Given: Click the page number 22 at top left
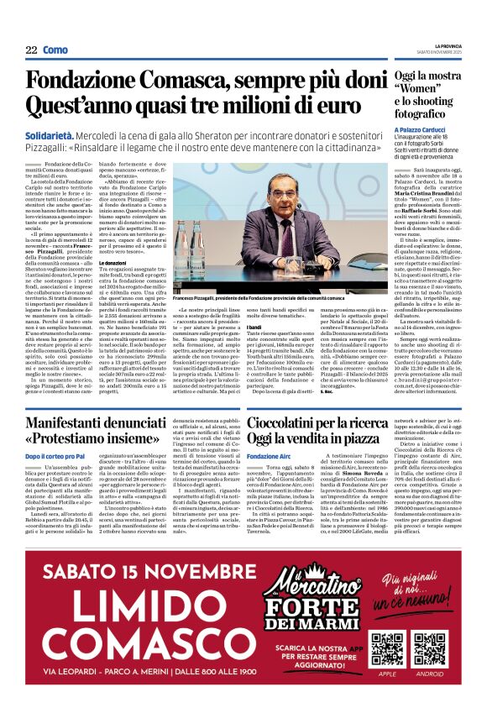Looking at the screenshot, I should [x=31, y=50].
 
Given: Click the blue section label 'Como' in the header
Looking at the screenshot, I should [x=55, y=50].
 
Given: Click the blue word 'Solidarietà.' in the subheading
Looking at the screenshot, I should [x=49, y=134].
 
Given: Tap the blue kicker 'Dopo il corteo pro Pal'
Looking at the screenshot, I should [x=55, y=456].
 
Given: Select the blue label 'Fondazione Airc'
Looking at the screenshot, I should [x=265, y=456].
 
